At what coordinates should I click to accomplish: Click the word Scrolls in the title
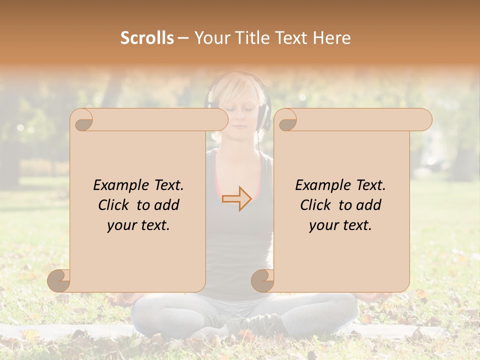pyautogui.click(x=147, y=38)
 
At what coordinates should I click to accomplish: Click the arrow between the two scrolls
pyautogui.click(x=237, y=198)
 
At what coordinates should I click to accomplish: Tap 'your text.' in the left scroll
pyautogui.click(x=138, y=225)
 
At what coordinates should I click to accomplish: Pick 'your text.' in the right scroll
pyautogui.click(x=340, y=225)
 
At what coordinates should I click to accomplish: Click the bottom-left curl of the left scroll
pyautogui.click(x=59, y=280)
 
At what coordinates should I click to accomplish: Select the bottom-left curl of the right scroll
pyautogui.click(x=262, y=280)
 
